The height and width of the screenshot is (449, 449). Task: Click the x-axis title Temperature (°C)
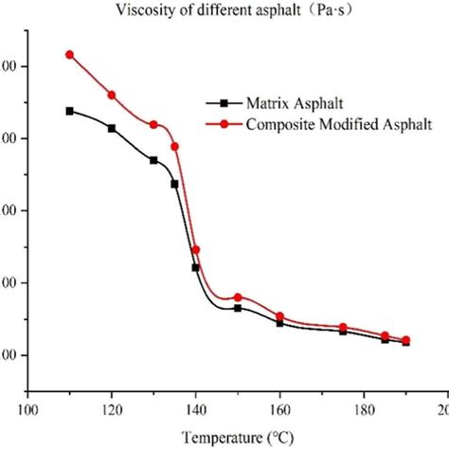[x=224, y=437]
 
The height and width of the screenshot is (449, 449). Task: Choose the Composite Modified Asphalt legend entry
[x=322, y=123]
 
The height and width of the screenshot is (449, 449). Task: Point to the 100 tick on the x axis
[x=28, y=410]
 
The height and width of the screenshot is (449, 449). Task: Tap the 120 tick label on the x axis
[x=112, y=410]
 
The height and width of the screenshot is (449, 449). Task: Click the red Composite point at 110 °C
[x=69, y=55]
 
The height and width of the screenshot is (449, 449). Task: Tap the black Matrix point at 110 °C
[x=69, y=111]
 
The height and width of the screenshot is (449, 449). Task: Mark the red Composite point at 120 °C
[x=112, y=95]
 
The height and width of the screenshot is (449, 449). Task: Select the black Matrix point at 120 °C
[x=112, y=128]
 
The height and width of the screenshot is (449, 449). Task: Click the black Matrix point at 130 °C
[x=153, y=160]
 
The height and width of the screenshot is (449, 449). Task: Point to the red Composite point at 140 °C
[x=195, y=250]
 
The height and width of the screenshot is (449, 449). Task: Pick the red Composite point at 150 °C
[x=238, y=297]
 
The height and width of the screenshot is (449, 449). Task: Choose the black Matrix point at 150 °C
[x=238, y=308]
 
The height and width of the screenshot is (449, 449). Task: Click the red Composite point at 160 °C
[x=279, y=316]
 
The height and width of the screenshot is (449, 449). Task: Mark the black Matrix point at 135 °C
[x=174, y=184]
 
